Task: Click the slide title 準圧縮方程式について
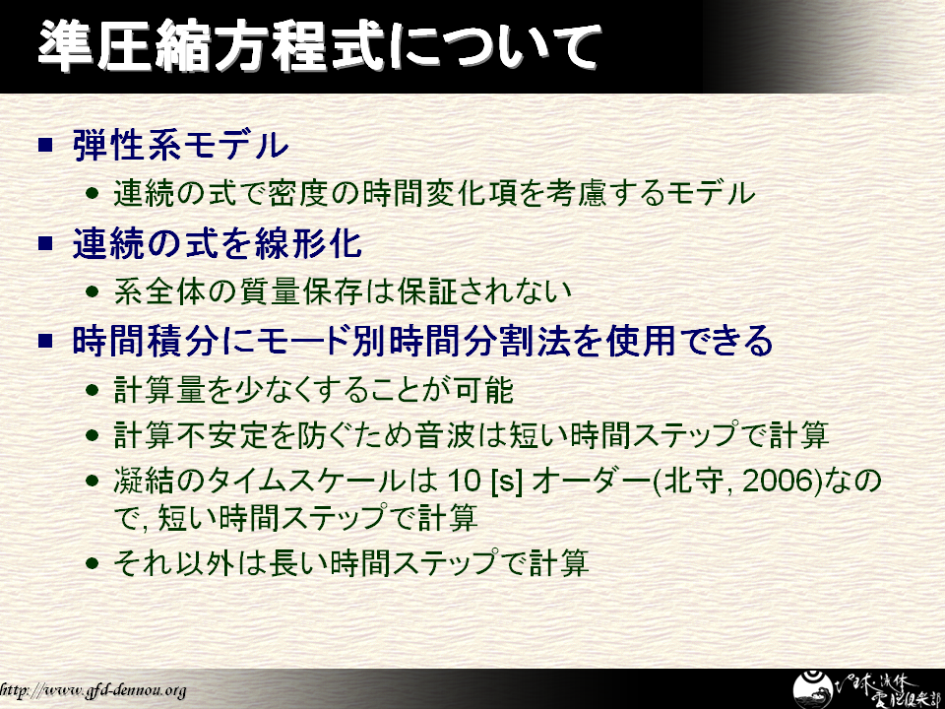pos(320,46)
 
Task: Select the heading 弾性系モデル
pos(180,146)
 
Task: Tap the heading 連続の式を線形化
pos(217,243)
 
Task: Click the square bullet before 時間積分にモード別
pos(46,341)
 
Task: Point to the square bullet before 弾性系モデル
pos(46,146)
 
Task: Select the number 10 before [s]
pos(464,481)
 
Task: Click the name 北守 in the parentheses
pos(693,481)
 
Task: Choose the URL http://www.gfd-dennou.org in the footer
pos(93,689)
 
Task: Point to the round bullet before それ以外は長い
pos(93,563)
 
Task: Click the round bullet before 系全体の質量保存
pos(93,291)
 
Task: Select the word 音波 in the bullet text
pos(445,434)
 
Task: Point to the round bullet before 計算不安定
pos(93,434)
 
